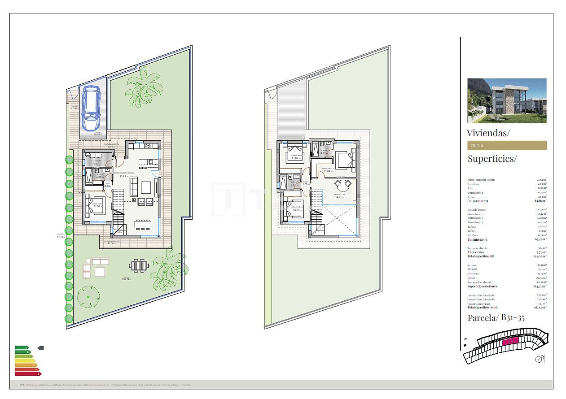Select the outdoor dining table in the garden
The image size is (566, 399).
[138, 265]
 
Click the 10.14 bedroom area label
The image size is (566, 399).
[296, 209]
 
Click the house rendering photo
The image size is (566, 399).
[507, 101]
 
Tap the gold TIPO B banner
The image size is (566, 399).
[507, 146]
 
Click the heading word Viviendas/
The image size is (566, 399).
[488, 133]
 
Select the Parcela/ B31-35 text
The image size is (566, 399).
[496, 318]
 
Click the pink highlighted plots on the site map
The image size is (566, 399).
[510, 342]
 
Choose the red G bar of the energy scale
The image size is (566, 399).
[28, 374]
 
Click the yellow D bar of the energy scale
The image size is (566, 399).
[25, 361]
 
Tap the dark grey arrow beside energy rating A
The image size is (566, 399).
[40, 348]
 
